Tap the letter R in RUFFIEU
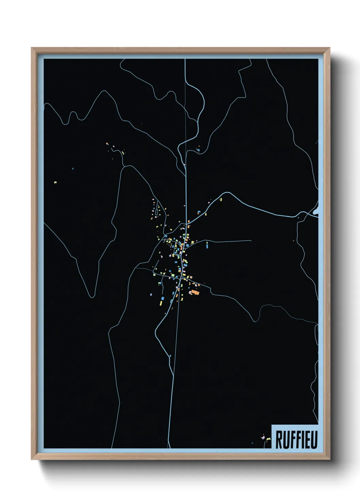coord(279,440)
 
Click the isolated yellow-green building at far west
coord(55,183)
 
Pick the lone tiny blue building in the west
coord(73,168)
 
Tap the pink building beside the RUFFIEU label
coord(263,436)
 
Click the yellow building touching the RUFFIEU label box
coord(268,440)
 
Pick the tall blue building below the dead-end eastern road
coord(207,244)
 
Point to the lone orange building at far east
coord(293,241)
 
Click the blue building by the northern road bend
coord(198,149)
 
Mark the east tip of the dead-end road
coord(251,241)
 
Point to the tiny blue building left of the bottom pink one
coord(252,443)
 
